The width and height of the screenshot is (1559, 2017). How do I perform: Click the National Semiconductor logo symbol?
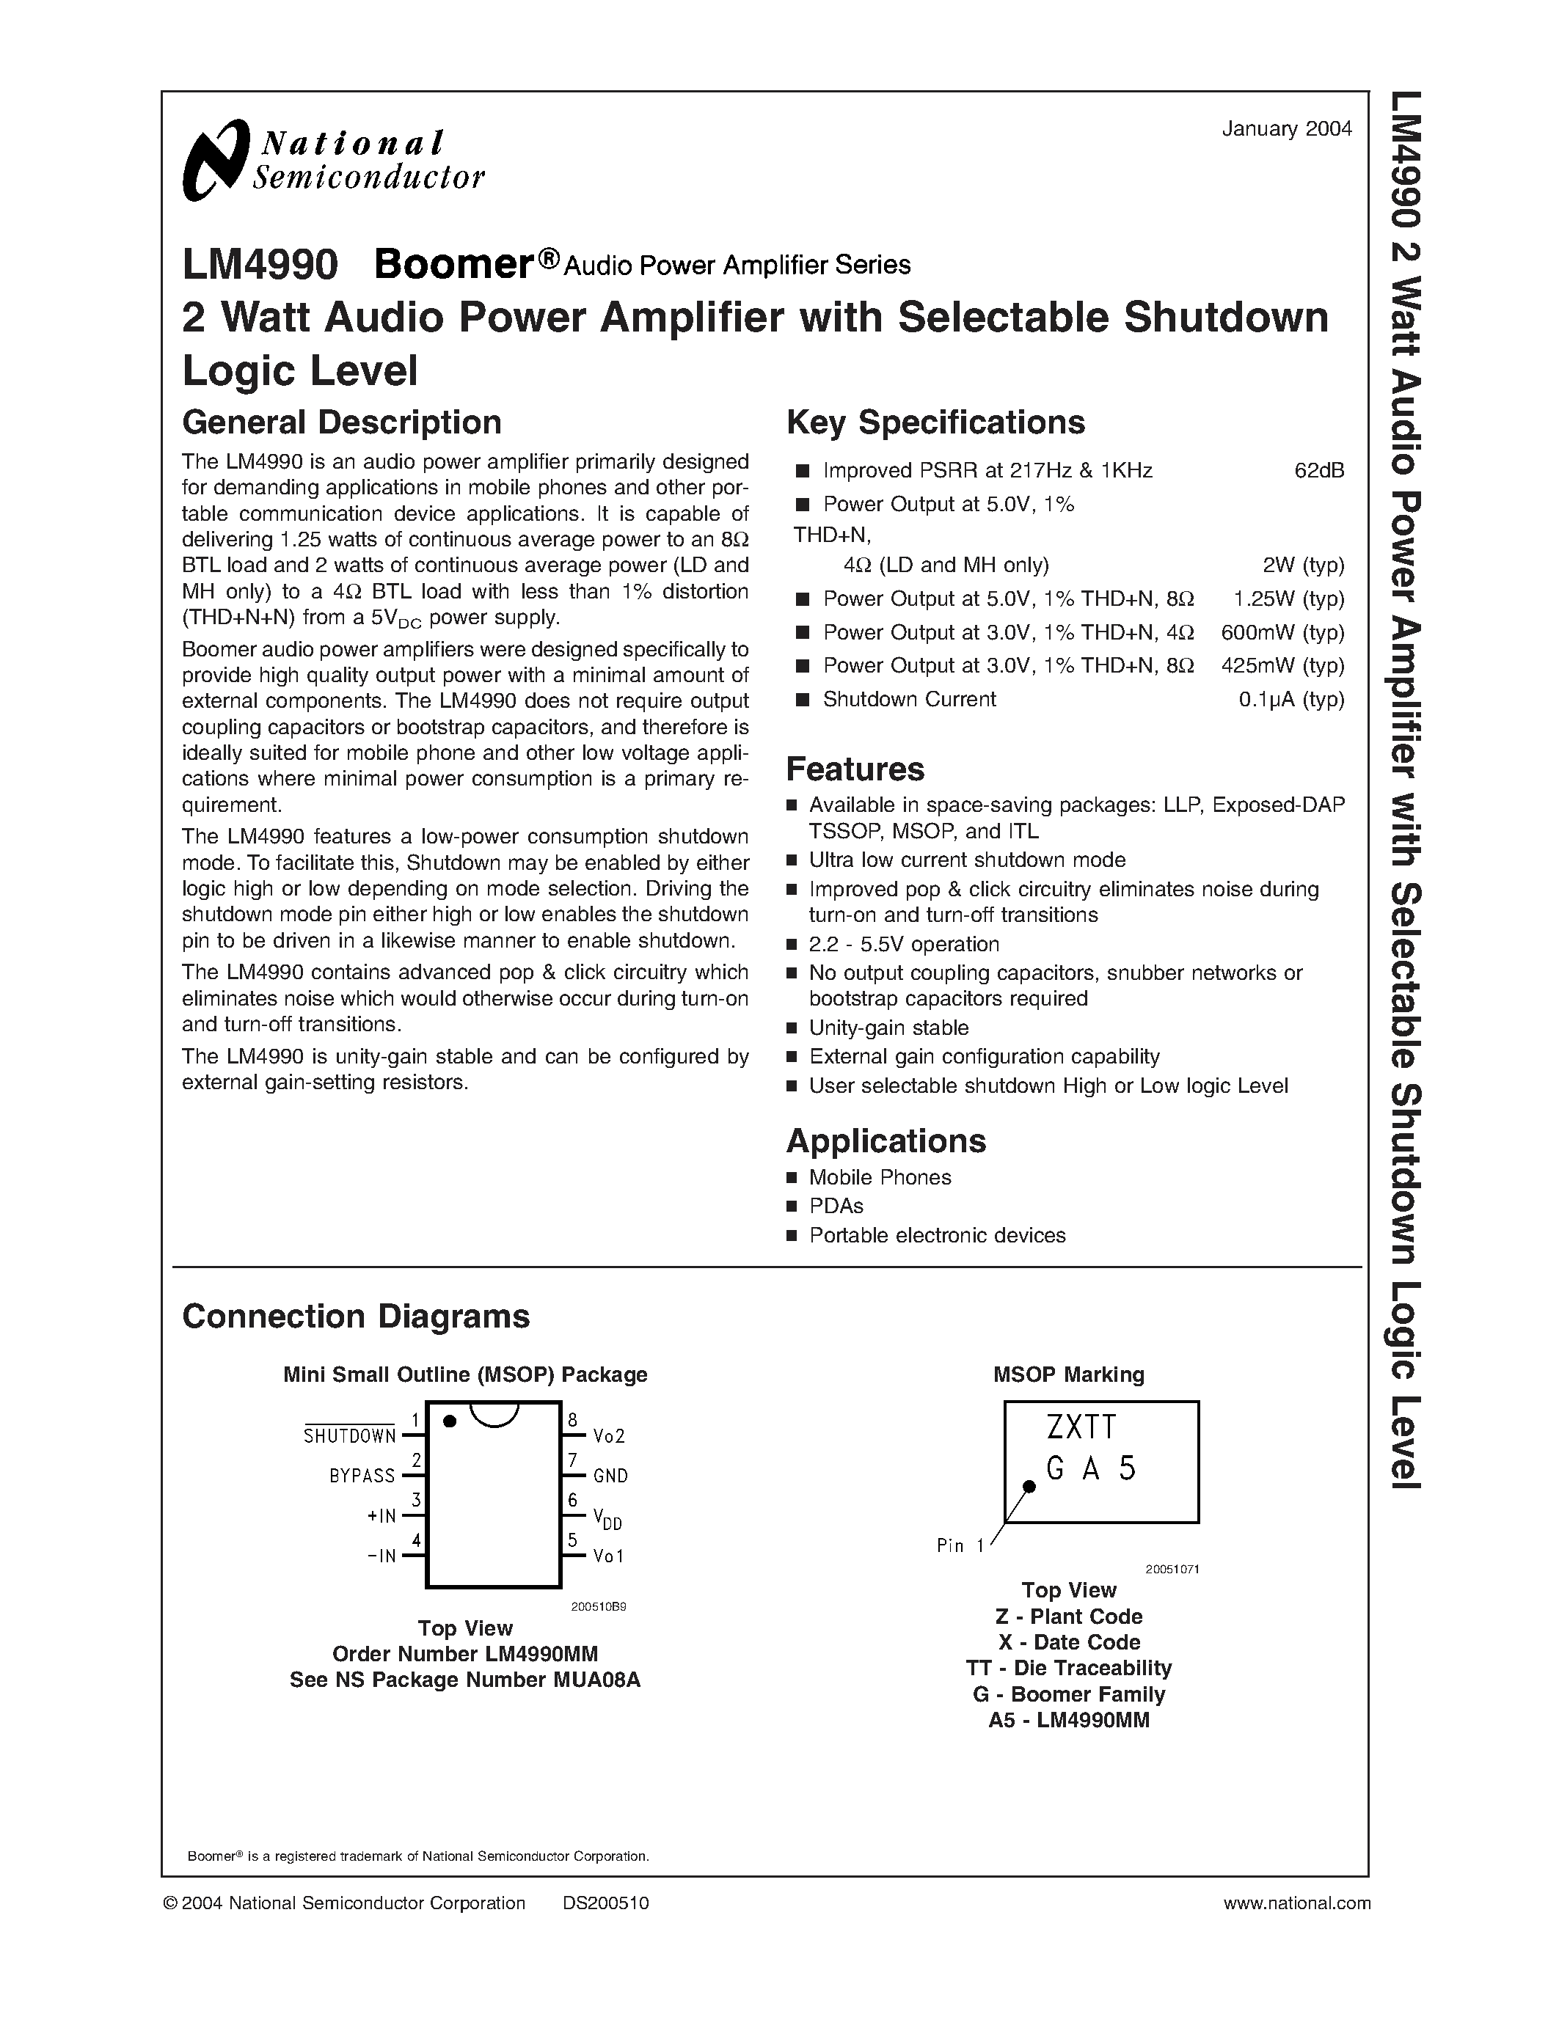[215, 161]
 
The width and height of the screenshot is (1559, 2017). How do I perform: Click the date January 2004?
[1287, 129]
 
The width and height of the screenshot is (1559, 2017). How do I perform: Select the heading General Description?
[342, 422]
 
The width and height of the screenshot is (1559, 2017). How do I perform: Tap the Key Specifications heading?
[935, 422]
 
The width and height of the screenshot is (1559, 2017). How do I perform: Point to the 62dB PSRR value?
[1319, 471]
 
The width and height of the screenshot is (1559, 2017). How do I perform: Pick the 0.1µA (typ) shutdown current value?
[1291, 699]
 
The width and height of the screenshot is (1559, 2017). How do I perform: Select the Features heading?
[854, 769]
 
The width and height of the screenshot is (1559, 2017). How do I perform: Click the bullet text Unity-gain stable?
[888, 1028]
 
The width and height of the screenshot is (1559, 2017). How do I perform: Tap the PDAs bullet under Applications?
[836, 1206]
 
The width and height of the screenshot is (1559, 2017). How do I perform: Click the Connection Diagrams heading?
[356, 1316]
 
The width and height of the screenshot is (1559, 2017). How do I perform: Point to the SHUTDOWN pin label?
[350, 1436]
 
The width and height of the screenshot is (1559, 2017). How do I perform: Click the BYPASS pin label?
[362, 1476]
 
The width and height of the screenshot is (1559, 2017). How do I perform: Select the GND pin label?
[610, 1476]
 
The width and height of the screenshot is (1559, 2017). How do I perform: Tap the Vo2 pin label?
[609, 1436]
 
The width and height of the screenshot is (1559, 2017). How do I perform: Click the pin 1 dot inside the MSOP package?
[450, 1421]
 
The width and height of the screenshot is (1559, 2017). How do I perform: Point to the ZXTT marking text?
[1081, 1428]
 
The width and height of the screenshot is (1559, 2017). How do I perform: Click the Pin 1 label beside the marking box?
[960, 1546]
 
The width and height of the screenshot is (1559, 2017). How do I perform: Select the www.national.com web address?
[1296, 1903]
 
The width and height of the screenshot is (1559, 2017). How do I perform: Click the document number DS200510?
[606, 1903]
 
